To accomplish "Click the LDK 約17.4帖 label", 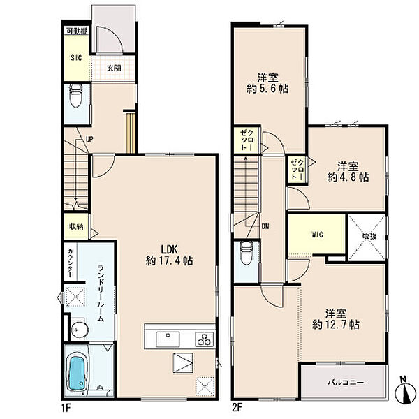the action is coord(169,255).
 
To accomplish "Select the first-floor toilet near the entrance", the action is coord(76,96).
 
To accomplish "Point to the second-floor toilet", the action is coord(247,253).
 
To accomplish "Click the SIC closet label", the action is coord(76,58).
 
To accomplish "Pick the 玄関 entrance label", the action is coord(114,68).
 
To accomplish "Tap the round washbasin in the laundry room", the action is coord(79,329).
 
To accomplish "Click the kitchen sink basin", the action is coord(168,339).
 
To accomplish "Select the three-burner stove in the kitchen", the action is coord(205,339).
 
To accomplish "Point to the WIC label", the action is coord(317,235).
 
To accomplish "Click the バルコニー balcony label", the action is coord(346,383).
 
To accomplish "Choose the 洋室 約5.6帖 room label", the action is coord(267,83).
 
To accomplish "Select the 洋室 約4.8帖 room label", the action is coord(348,172).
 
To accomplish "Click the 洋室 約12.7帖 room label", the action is coord(336,319).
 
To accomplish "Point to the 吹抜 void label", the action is coord(369,237).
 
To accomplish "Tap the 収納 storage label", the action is coord(76,226).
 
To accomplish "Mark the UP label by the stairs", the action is coord(89,139).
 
